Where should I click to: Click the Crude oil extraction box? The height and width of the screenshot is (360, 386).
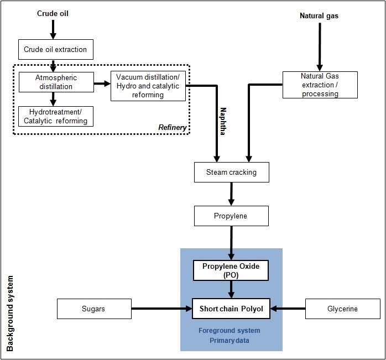tap(55, 49)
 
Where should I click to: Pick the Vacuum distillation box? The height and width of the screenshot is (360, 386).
tap(148, 86)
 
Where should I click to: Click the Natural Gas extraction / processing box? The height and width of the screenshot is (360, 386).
tap(320, 85)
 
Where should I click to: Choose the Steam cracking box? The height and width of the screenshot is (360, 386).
tap(231, 172)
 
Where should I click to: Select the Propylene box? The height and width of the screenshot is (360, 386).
tap(231, 216)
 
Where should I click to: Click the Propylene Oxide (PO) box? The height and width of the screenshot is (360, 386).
tap(231, 270)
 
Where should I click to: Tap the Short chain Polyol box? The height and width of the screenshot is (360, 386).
tap(231, 309)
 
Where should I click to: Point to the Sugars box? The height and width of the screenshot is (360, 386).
tap(94, 309)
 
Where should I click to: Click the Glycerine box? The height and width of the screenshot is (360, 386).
tap(342, 309)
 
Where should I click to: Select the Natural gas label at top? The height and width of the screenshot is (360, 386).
tap(319, 16)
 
